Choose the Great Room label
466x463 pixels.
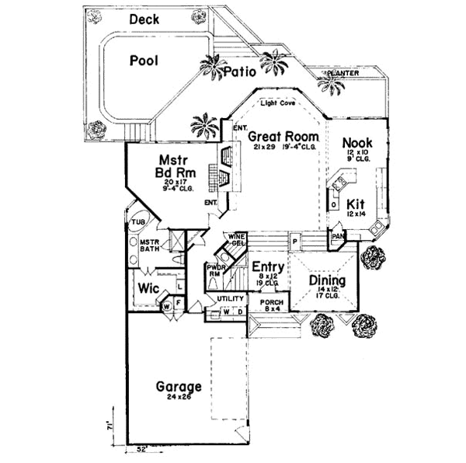pyautogui.click(x=279, y=135)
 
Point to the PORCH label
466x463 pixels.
pyautogui.click(x=271, y=304)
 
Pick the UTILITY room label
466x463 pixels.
pyautogui.click(x=230, y=298)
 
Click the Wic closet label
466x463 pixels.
pyautogui.click(x=148, y=288)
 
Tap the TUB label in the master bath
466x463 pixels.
pyautogui.click(x=137, y=222)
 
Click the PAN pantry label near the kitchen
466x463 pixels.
pyautogui.click(x=338, y=235)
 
